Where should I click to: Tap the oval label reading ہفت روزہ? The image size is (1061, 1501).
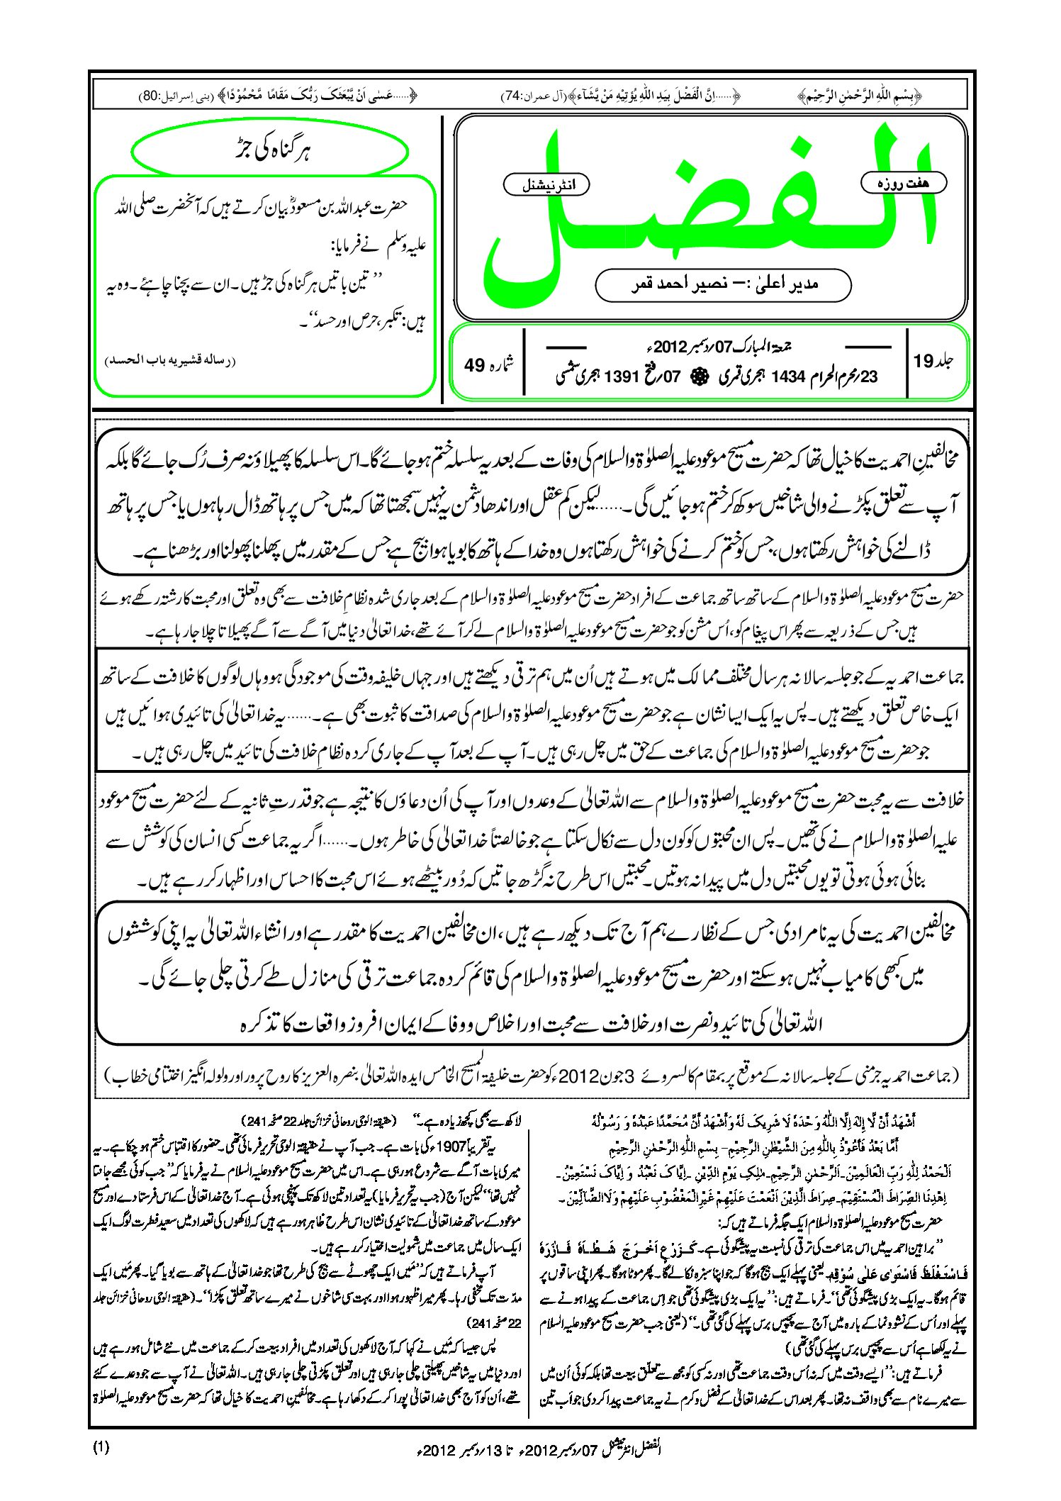coord(903,183)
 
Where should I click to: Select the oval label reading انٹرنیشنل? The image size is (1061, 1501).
coord(546,185)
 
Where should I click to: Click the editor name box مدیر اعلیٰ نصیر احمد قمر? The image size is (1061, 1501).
coord(723,285)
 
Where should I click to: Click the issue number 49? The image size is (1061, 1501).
coord(474,365)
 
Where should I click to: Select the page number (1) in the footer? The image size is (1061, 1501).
coord(101,1447)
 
